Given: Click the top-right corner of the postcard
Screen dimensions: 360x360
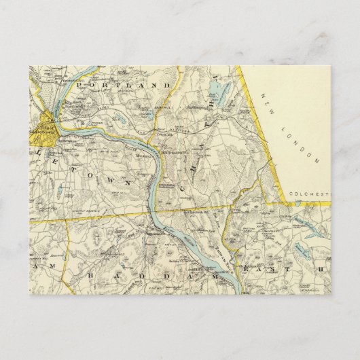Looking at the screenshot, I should coord(331,66).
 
